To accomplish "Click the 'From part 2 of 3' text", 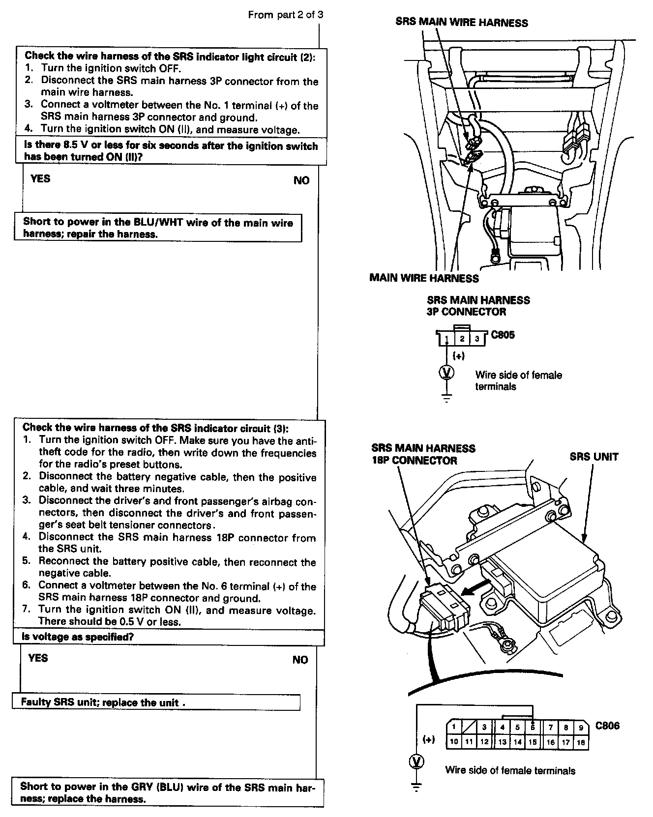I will click(x=286, y=15).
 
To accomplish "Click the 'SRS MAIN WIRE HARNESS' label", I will click(x=461, y=23).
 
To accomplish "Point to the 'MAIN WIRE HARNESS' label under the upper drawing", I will click(x=424, y=278).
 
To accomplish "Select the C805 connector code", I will click(x=503, y=335).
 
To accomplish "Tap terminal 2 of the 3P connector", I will click(x=462, y=339).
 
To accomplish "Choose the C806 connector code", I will click(x=607, y=726).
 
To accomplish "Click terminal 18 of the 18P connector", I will click(x=581, y=742).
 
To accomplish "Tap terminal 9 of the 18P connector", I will click(x=581, y=728).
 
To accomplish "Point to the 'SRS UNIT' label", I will click(x=594, y=457).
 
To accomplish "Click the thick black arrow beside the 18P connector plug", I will click(x=476, y=587).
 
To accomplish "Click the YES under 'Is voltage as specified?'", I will click(x=38, y=658).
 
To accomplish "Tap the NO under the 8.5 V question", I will click(x=301, y=180).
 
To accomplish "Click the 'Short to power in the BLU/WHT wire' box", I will click(x=158, y=228).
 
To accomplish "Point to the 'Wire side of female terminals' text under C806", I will click(x=510, y=770).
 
